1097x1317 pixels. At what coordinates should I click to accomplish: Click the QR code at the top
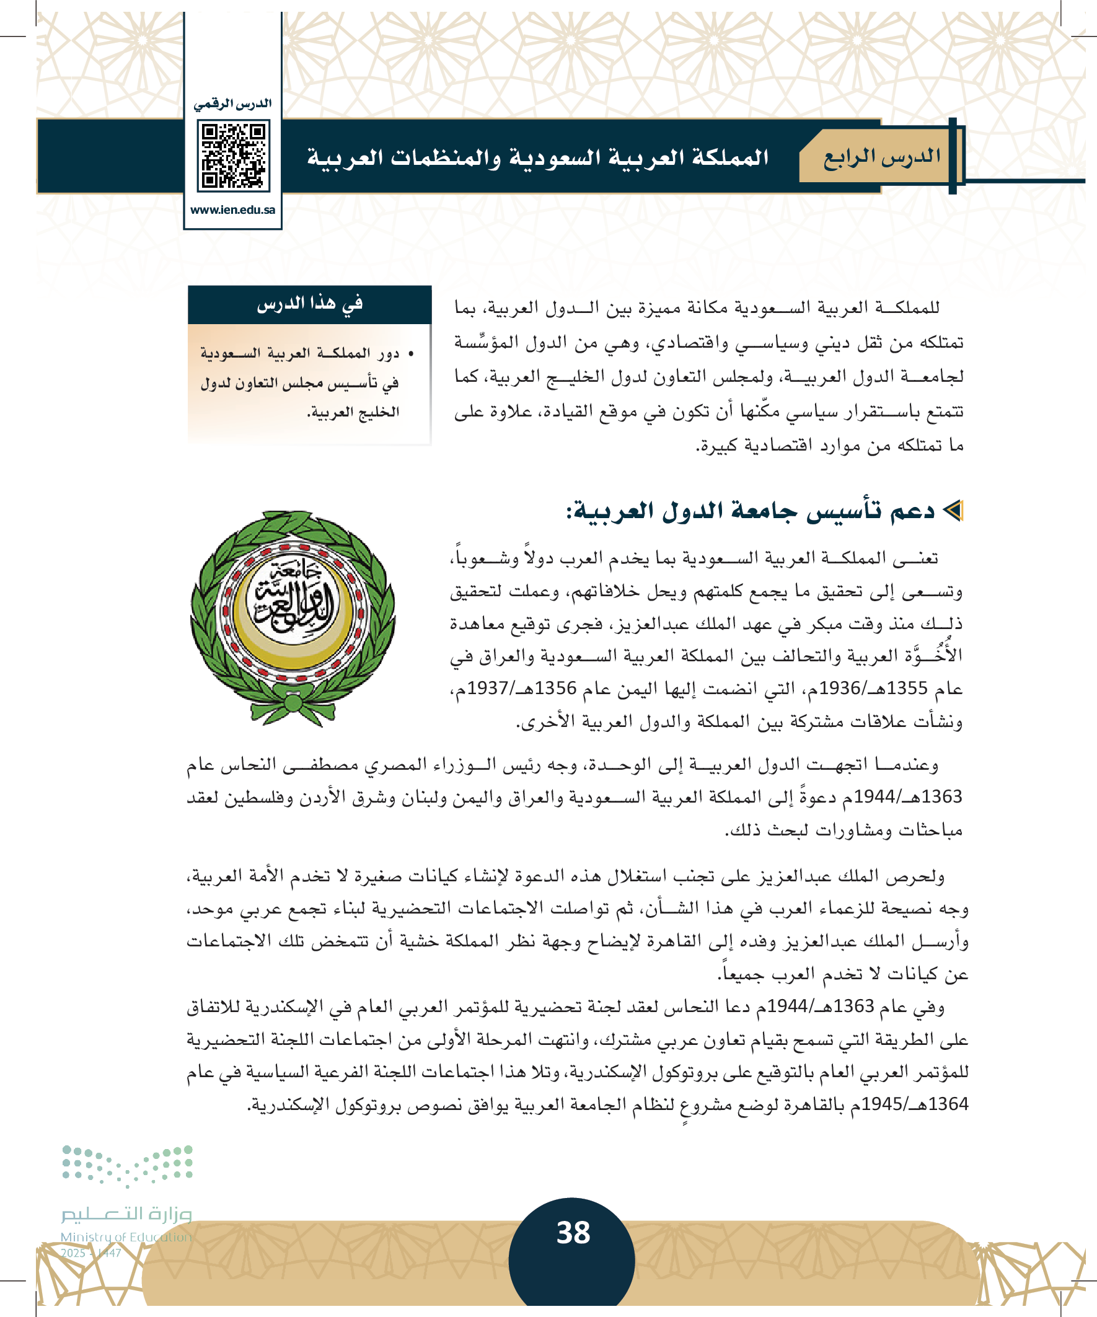[232, 156]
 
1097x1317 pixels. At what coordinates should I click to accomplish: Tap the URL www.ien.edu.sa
[232, 210]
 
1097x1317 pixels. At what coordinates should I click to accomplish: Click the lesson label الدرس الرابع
[881, 157]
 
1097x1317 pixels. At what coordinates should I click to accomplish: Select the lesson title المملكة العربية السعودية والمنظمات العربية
[537, 157]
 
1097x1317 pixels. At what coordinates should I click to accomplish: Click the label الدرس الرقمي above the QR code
[232, 104]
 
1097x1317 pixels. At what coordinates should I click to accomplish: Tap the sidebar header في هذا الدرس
[309, 304]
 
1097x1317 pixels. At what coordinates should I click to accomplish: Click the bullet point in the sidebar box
[411, 355]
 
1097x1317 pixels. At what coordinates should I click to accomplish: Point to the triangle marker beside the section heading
[953, 511]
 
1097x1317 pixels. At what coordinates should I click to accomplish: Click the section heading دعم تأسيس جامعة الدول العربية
[751, 511]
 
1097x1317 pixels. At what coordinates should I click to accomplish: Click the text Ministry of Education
[126, 1237]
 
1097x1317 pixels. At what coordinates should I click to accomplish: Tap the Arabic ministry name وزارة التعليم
[126, 1214]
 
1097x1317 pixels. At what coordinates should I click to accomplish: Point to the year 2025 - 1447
[91, 1253]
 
